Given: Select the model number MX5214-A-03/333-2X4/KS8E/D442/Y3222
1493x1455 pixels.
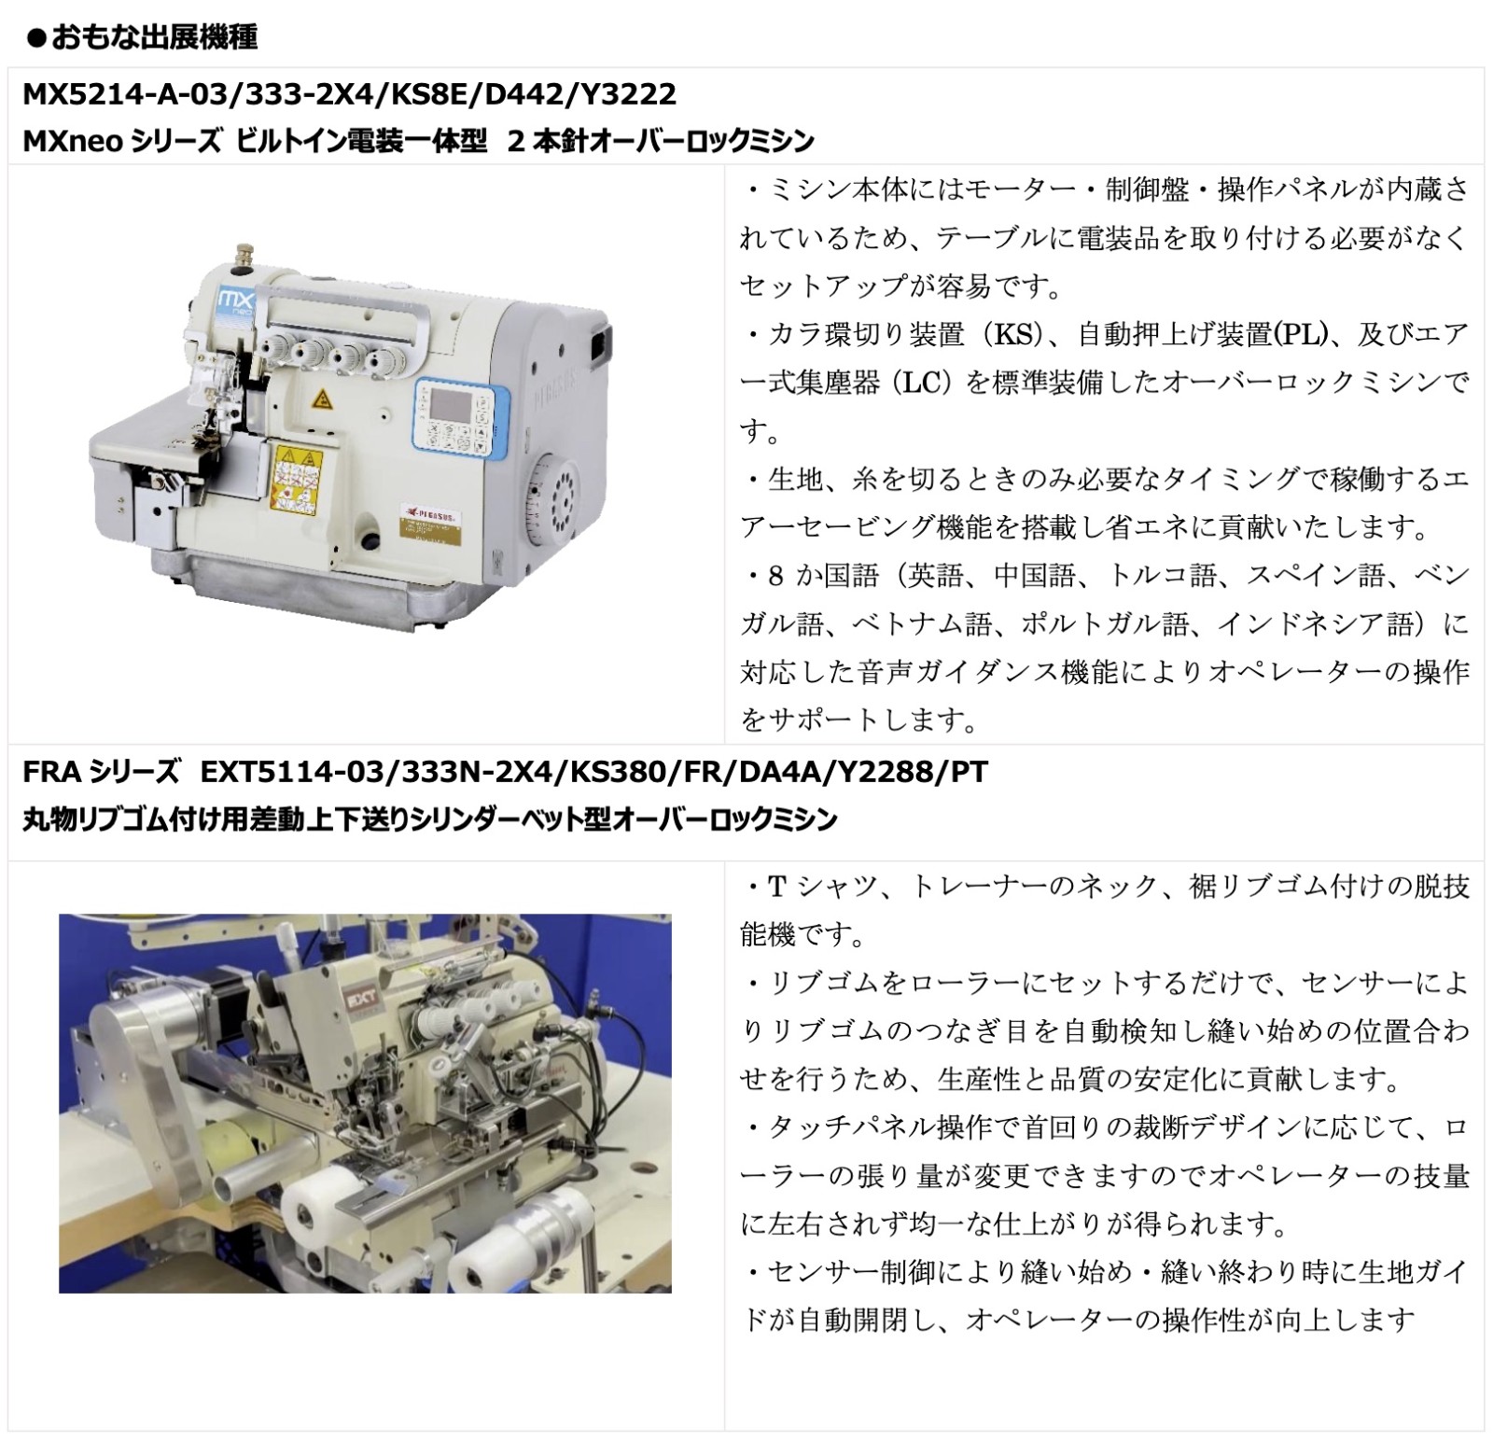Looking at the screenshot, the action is pyautogui.click(x=350, y=94).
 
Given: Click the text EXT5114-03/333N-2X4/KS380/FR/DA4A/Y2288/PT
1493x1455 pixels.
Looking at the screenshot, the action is pyautogui.click(x=594, y=772).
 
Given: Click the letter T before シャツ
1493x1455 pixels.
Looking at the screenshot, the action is pyautogui.click(x=776, y=887).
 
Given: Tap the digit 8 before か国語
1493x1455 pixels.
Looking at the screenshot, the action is pyautogui.click(x=776, y=576).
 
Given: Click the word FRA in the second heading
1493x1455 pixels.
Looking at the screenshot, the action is pyautogui.click(x=51, y=772).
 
